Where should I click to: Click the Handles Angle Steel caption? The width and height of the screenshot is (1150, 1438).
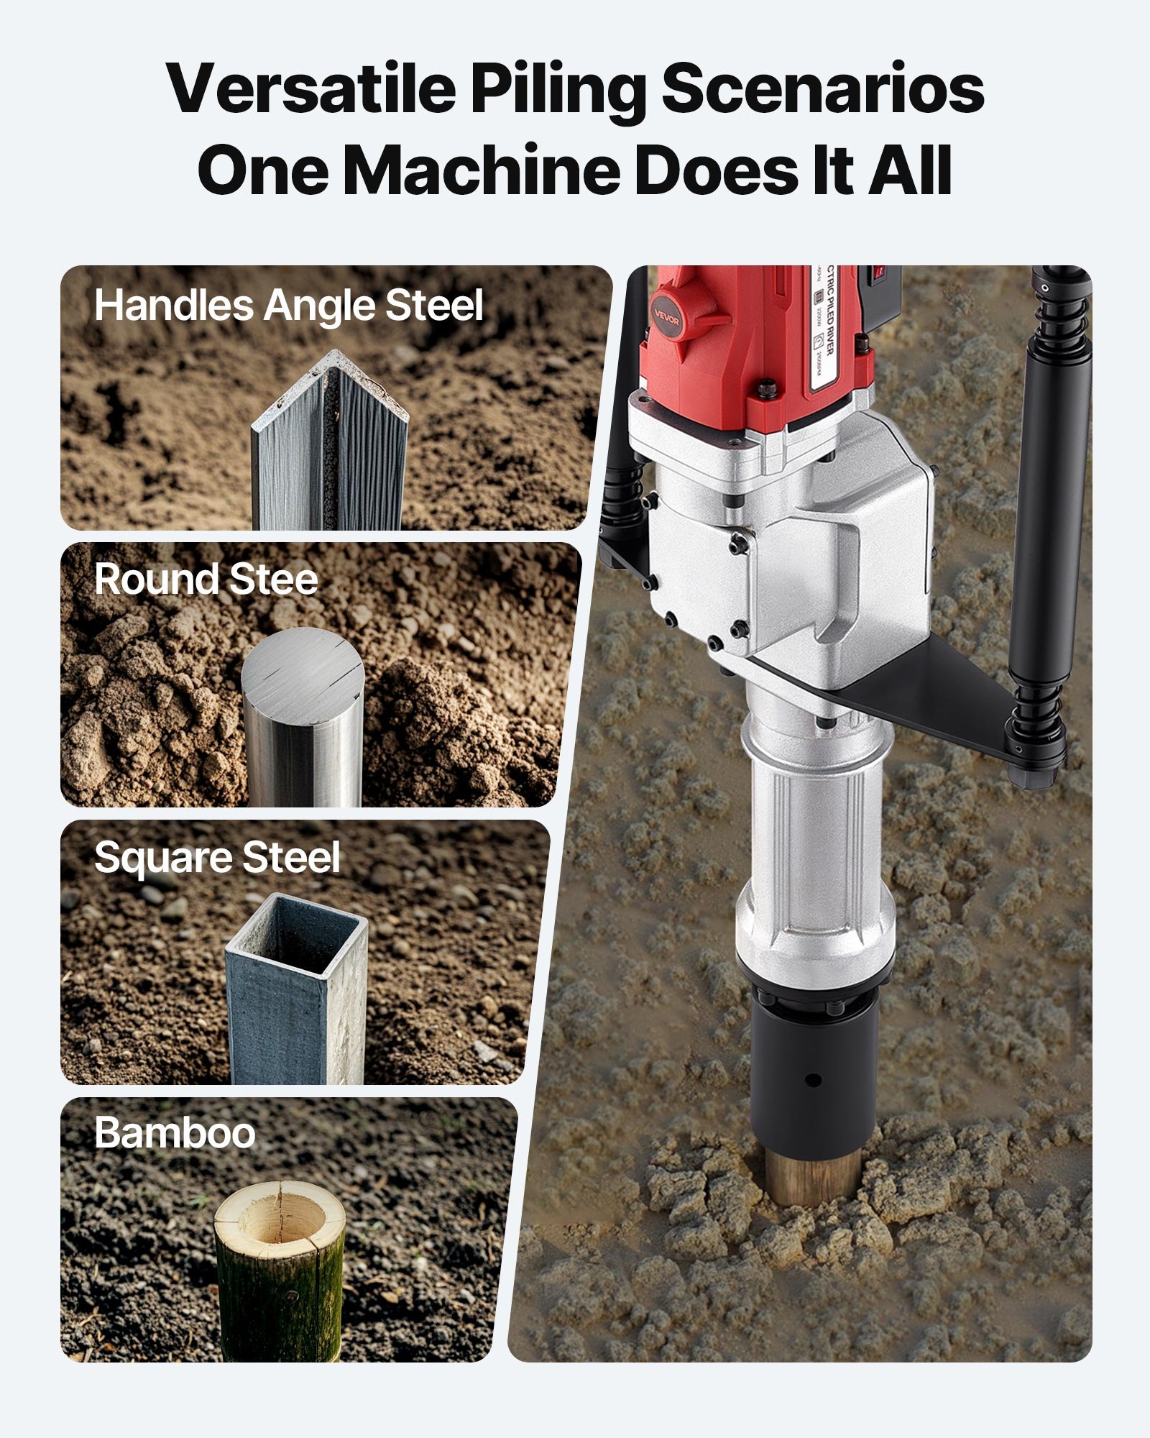(288, 306)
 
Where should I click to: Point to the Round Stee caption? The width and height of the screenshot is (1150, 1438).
(206, 580)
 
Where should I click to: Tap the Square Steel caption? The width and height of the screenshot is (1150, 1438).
(217, 857)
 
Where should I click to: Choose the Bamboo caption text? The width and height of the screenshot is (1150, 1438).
(175, 1133)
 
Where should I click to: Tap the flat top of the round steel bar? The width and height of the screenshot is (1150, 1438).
(303, 666)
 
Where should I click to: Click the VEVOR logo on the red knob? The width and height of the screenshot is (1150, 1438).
(666, 318)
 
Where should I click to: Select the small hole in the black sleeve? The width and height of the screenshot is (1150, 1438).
(813, 1080)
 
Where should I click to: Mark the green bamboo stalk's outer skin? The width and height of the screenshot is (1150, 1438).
(279, 1294)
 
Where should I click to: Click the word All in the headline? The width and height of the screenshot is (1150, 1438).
(910, 170)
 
